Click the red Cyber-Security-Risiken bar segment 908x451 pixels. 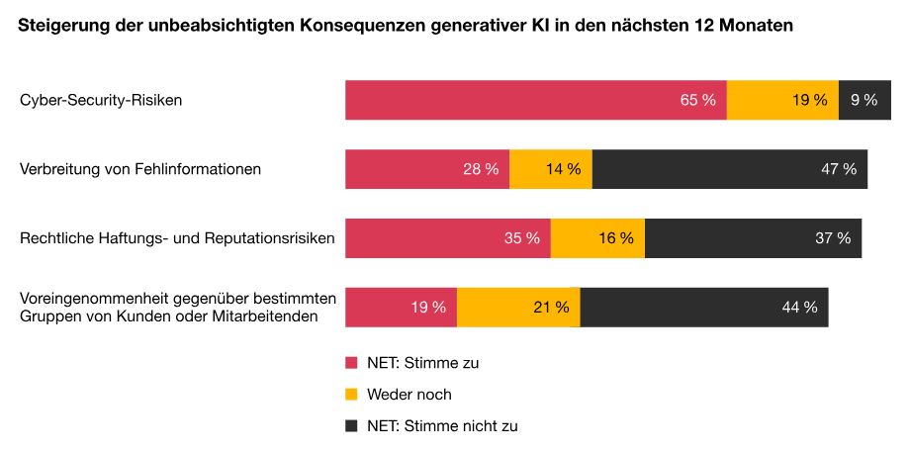coord(535,100)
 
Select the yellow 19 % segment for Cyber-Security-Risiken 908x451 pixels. coord(782,100)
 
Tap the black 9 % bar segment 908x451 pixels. coord(864,100)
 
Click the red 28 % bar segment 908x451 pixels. coord(426,169)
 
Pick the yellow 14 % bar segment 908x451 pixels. coord(551,169)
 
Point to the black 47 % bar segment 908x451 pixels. coord(730,169)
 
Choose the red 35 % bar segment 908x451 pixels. coord(447,238)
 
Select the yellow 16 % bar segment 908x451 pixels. coord(597,238)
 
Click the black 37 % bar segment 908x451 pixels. coord(753,238)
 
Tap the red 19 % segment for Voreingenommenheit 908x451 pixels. coord(401,307)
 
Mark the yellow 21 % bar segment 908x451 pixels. coord(518,307)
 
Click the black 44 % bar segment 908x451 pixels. coord(704,307)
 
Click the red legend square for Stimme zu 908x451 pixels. coord(351,363)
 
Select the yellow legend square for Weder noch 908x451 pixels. coord(351,395)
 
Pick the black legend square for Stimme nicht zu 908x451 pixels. coord(351,426)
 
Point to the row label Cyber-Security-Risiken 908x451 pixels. coord(101,100)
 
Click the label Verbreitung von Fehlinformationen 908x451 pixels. coord(140,169)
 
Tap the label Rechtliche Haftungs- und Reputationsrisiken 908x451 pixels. coord(177,238)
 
